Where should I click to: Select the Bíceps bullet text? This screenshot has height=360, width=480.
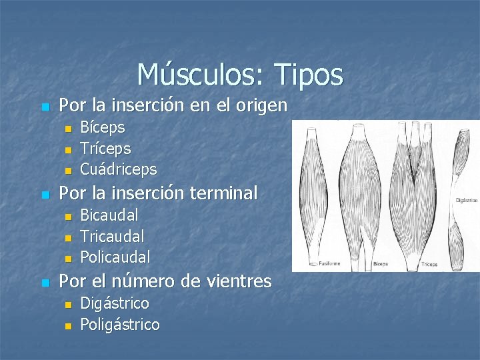[x=102, y=127]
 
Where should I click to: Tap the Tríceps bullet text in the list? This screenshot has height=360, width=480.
[x=105, y=148]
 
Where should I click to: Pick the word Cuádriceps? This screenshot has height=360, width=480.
[x=118, y=169]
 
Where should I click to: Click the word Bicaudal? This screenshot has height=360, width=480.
[x=109, y=215]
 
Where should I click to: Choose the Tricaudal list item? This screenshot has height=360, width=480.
[x=112, y=236]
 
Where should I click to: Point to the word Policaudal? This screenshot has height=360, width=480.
[x=115, y=257]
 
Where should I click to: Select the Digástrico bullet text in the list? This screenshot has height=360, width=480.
[x=114, y=303]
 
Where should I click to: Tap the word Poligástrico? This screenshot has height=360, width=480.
[x=119, y=325]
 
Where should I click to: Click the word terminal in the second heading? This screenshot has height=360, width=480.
[x=223, y=193]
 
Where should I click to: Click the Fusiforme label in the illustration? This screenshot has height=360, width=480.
[x=329, y=263]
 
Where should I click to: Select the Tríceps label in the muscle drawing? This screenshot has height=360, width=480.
[x=429, y=264]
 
